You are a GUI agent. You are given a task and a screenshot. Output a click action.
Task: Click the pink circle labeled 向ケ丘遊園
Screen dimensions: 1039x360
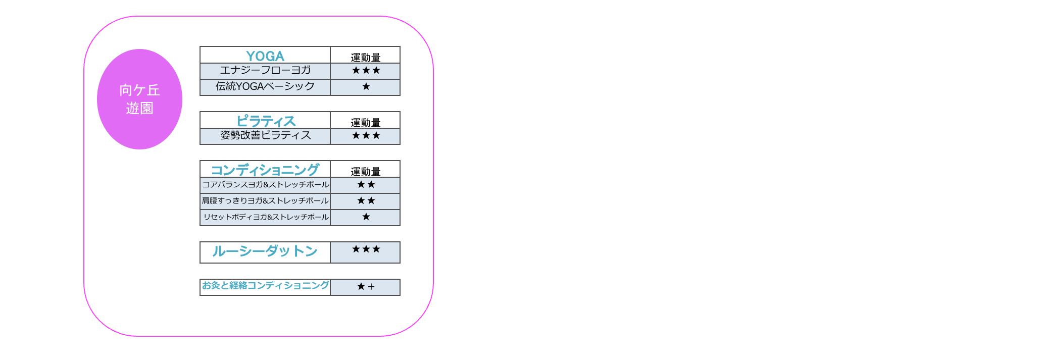pyautogui.click(x=139, y=99)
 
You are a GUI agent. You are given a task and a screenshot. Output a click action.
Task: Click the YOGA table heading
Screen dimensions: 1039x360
pyautogui.click(x=265, y=56)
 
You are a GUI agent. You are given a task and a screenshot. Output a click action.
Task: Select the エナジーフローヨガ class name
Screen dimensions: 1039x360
pyautogui.click(x=265, y=70)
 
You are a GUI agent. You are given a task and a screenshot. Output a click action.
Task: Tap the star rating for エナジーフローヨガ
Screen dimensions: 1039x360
pyautogui.click(x=366, y=70)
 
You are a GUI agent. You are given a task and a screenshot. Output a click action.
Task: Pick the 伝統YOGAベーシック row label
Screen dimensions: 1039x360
pyautogui.click(x=265, y=86)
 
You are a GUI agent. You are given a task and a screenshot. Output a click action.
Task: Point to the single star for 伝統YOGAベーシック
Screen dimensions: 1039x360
pyautogui.click(x=366, y=86)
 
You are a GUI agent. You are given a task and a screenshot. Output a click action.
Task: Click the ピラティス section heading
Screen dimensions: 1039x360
pyautogui.click(x=266, y=121)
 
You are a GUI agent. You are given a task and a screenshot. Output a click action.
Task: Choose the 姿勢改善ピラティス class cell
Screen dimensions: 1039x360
pyautogui.click(x=265, y=135)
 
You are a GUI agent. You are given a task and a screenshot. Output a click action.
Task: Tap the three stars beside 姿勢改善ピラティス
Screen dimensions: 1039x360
pyautogui.click(x=366, y=135)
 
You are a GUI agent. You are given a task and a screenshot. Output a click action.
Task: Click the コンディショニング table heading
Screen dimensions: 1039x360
pyautogui.click(x=265, y=170)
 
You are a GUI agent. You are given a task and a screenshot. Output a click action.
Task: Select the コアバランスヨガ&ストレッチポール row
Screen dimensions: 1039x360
pyautogui.click(x=265, y=184)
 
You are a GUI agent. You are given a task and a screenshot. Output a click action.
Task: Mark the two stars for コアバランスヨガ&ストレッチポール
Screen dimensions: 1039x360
pyautogui.click(x=366, y=184)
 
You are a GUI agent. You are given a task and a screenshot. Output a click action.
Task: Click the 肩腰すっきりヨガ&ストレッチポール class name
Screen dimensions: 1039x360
pyautogui.click(x=265, y=200)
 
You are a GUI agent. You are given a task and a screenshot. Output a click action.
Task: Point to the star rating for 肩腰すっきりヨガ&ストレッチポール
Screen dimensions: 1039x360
pyautogui.click(x=366, y=200)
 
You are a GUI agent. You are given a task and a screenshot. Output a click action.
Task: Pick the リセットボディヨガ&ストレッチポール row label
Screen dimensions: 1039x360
pyautogui.click(x=266, y=217)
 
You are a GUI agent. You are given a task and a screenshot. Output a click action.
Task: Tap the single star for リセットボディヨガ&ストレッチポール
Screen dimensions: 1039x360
pyautogui.click(x=366, y=217)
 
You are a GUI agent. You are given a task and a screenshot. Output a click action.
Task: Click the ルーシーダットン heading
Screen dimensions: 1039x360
pyautogui.click(x=265, y=251)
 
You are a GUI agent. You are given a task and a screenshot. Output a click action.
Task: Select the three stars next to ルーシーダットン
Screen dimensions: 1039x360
pyautogui.click(x=366, y=249)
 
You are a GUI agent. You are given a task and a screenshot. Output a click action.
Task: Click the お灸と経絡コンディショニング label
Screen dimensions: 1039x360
pyautogui.click(x=265, y=285)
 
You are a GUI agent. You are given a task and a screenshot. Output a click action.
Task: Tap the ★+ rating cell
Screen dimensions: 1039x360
pyautogui.click(x=366, y=287)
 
